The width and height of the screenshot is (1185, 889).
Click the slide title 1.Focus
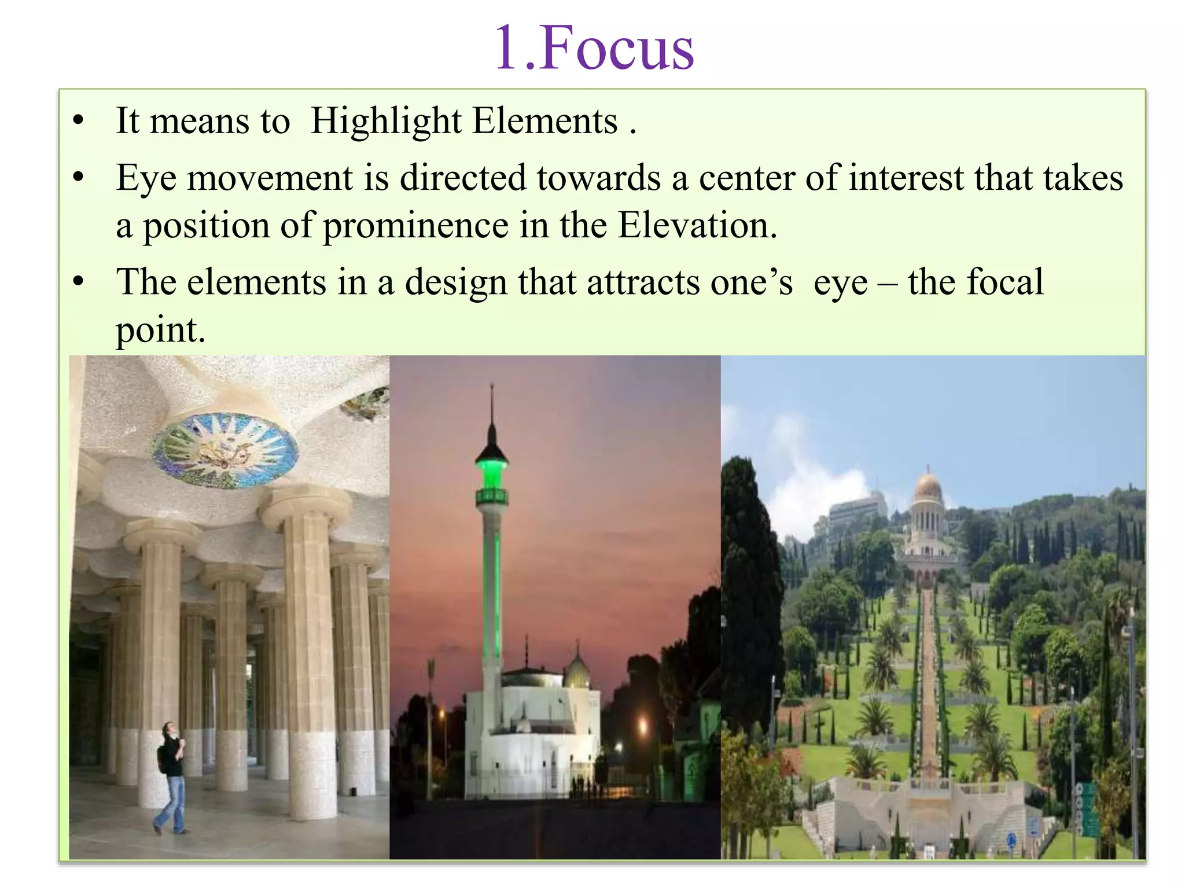tap(594, 49)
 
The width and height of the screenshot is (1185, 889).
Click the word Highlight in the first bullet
tap(385, 122)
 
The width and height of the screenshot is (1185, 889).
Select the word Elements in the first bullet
tap(544, 122)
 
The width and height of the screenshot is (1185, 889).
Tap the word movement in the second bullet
tap(270, 178)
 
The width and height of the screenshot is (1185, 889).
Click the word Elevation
tap(697, 226)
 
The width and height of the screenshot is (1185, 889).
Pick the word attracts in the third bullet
tap(643, 283)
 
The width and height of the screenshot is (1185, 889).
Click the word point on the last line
tap(160, 331)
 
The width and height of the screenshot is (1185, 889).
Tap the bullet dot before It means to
tap(79, 122)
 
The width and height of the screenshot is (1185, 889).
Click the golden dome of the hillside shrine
tap(928, 486)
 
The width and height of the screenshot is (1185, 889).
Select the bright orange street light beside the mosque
tap(642, 724)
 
